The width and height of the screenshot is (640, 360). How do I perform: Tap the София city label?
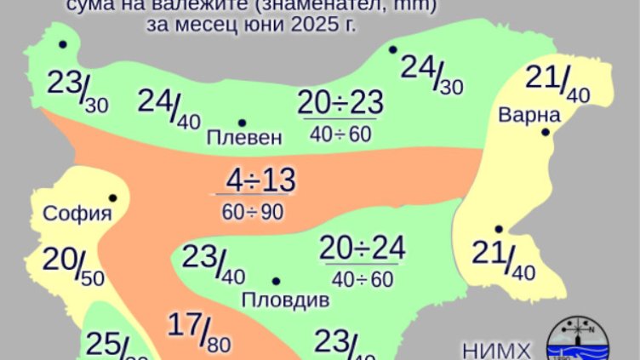click(x=77, y=213)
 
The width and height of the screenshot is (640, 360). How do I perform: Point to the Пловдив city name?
click(x=285, y=300)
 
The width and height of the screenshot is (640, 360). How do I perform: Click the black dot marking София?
click(x=112, y=197)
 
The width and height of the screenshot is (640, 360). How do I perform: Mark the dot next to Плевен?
click(x=242, y=123)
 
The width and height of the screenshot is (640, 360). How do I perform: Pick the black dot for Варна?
click(x=546, y=132)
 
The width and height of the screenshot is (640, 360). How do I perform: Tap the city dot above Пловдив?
click(x=275, y=281)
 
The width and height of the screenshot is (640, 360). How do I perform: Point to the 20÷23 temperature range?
click(x=340, y=104)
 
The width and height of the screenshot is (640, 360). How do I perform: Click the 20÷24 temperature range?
click(x=363, y=249)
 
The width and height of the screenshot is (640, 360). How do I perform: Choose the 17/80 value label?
click(x=198, y=331)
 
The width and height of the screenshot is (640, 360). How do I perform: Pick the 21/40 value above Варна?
click(x=557, y=83)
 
